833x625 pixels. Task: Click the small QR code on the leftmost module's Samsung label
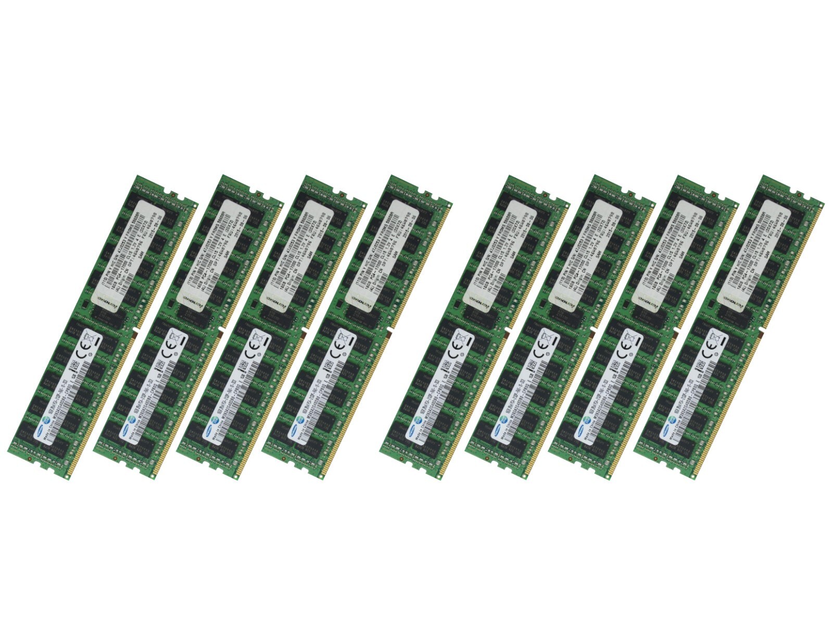pos(77,366)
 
